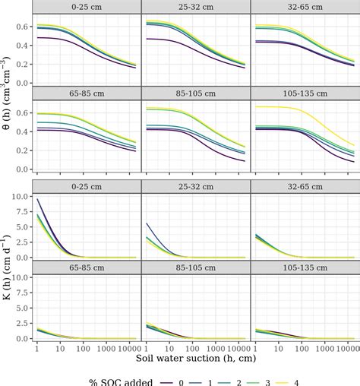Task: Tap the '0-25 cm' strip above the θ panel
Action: [88, 7]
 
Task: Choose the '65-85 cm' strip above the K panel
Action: [88, 266]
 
